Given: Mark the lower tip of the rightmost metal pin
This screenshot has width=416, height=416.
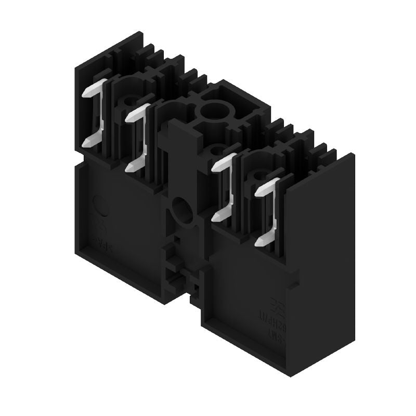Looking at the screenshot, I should [259, 241].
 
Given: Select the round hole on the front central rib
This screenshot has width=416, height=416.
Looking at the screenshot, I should [181, 210].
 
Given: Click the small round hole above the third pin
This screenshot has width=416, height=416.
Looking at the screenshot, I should [215, 151].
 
